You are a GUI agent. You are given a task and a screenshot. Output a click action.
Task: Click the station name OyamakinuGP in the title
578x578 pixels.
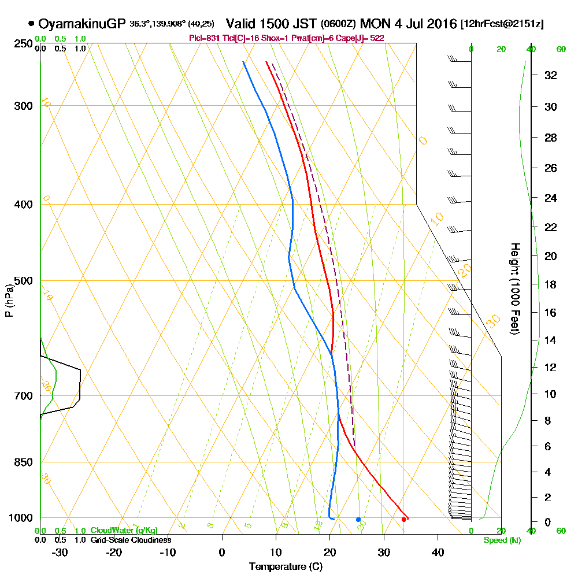point(82,24)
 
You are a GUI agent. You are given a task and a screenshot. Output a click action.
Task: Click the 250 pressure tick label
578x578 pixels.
point(20,44)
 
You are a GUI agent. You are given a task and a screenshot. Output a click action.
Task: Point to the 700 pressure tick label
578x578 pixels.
point(20,396)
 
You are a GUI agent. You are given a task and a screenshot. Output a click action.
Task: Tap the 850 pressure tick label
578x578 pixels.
point(20,462)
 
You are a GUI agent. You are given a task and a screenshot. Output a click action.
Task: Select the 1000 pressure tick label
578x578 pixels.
point(18,518)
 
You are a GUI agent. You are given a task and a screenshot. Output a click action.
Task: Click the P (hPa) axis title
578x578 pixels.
point(9,301)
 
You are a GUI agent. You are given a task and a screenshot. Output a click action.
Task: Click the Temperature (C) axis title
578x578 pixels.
point(286,566)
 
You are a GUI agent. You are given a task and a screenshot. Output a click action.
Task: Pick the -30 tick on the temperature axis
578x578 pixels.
point(60,551)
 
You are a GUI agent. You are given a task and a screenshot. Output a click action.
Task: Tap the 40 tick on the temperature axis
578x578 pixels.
point(438,551)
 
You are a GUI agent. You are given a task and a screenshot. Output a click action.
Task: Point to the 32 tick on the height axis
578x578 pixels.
point(551,75)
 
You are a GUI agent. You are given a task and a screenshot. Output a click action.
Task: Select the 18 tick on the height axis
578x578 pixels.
point(551,284)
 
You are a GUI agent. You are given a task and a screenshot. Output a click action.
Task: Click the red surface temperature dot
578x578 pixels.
point(403,519)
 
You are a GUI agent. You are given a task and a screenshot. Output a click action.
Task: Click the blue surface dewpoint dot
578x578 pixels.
point(358,519)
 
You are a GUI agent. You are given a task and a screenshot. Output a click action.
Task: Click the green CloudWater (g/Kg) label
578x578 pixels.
point(124,531)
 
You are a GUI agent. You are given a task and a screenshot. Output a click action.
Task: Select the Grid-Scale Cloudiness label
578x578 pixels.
point(131,540)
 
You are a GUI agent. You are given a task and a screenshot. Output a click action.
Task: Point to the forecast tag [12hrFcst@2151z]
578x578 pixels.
point(502,24)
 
